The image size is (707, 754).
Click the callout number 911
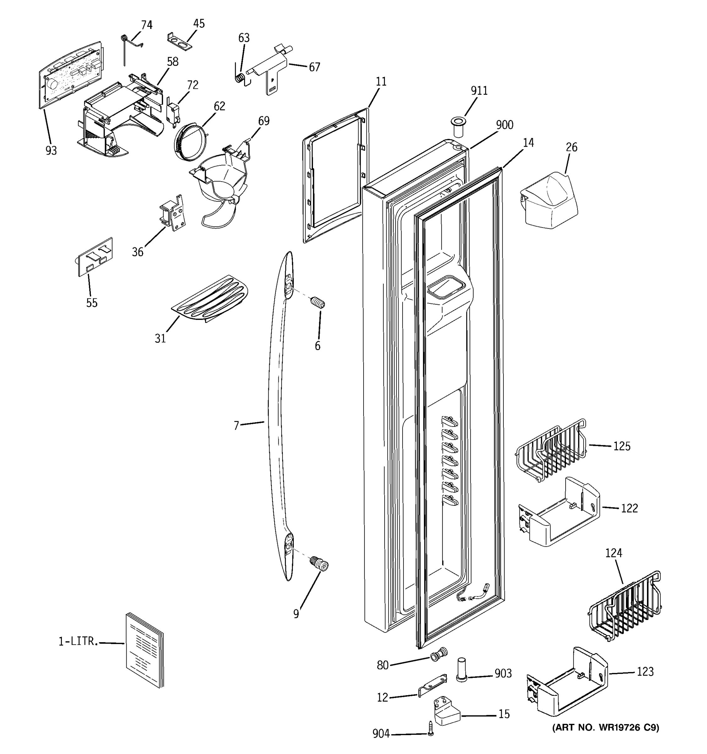[479, 91]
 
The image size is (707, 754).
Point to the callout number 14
[528, 143]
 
